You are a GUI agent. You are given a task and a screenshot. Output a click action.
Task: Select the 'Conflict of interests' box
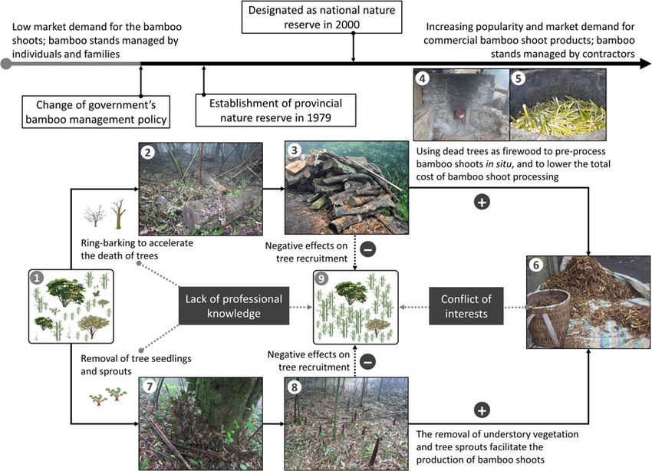tap(466, 307)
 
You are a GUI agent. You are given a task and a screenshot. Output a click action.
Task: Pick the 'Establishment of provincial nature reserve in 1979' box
tap(268, 110)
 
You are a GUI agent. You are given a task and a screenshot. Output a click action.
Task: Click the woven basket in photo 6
tap(550, 318)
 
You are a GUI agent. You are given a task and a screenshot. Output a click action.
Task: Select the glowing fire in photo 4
tap(461, 115)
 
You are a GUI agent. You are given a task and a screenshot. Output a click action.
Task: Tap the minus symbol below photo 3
tap(368, 249)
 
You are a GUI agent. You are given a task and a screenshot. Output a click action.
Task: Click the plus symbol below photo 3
tap(482, 203)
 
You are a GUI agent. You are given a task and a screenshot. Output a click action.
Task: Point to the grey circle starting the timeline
tap(7, 64)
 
